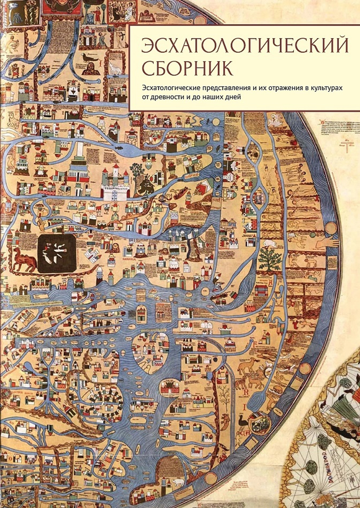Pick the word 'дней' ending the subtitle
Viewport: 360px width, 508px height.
pyautogui.click(x=230, y=97)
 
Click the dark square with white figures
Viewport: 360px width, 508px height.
pyautogui.click(x=57, y=253)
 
